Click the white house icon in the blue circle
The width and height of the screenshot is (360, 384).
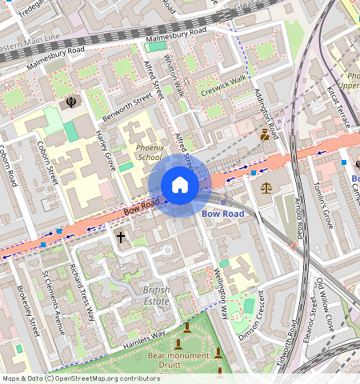tap(180, 186)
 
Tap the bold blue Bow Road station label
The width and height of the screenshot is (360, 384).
tap(222, 214)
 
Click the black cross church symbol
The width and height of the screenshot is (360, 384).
tap(122, 238)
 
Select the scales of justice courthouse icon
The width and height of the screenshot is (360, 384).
tap(266, 188)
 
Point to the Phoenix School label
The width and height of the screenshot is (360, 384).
tap(149, 153)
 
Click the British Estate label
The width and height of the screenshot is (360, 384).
tap(156, 295)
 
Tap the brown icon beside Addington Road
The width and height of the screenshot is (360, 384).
tap(264, 136)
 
